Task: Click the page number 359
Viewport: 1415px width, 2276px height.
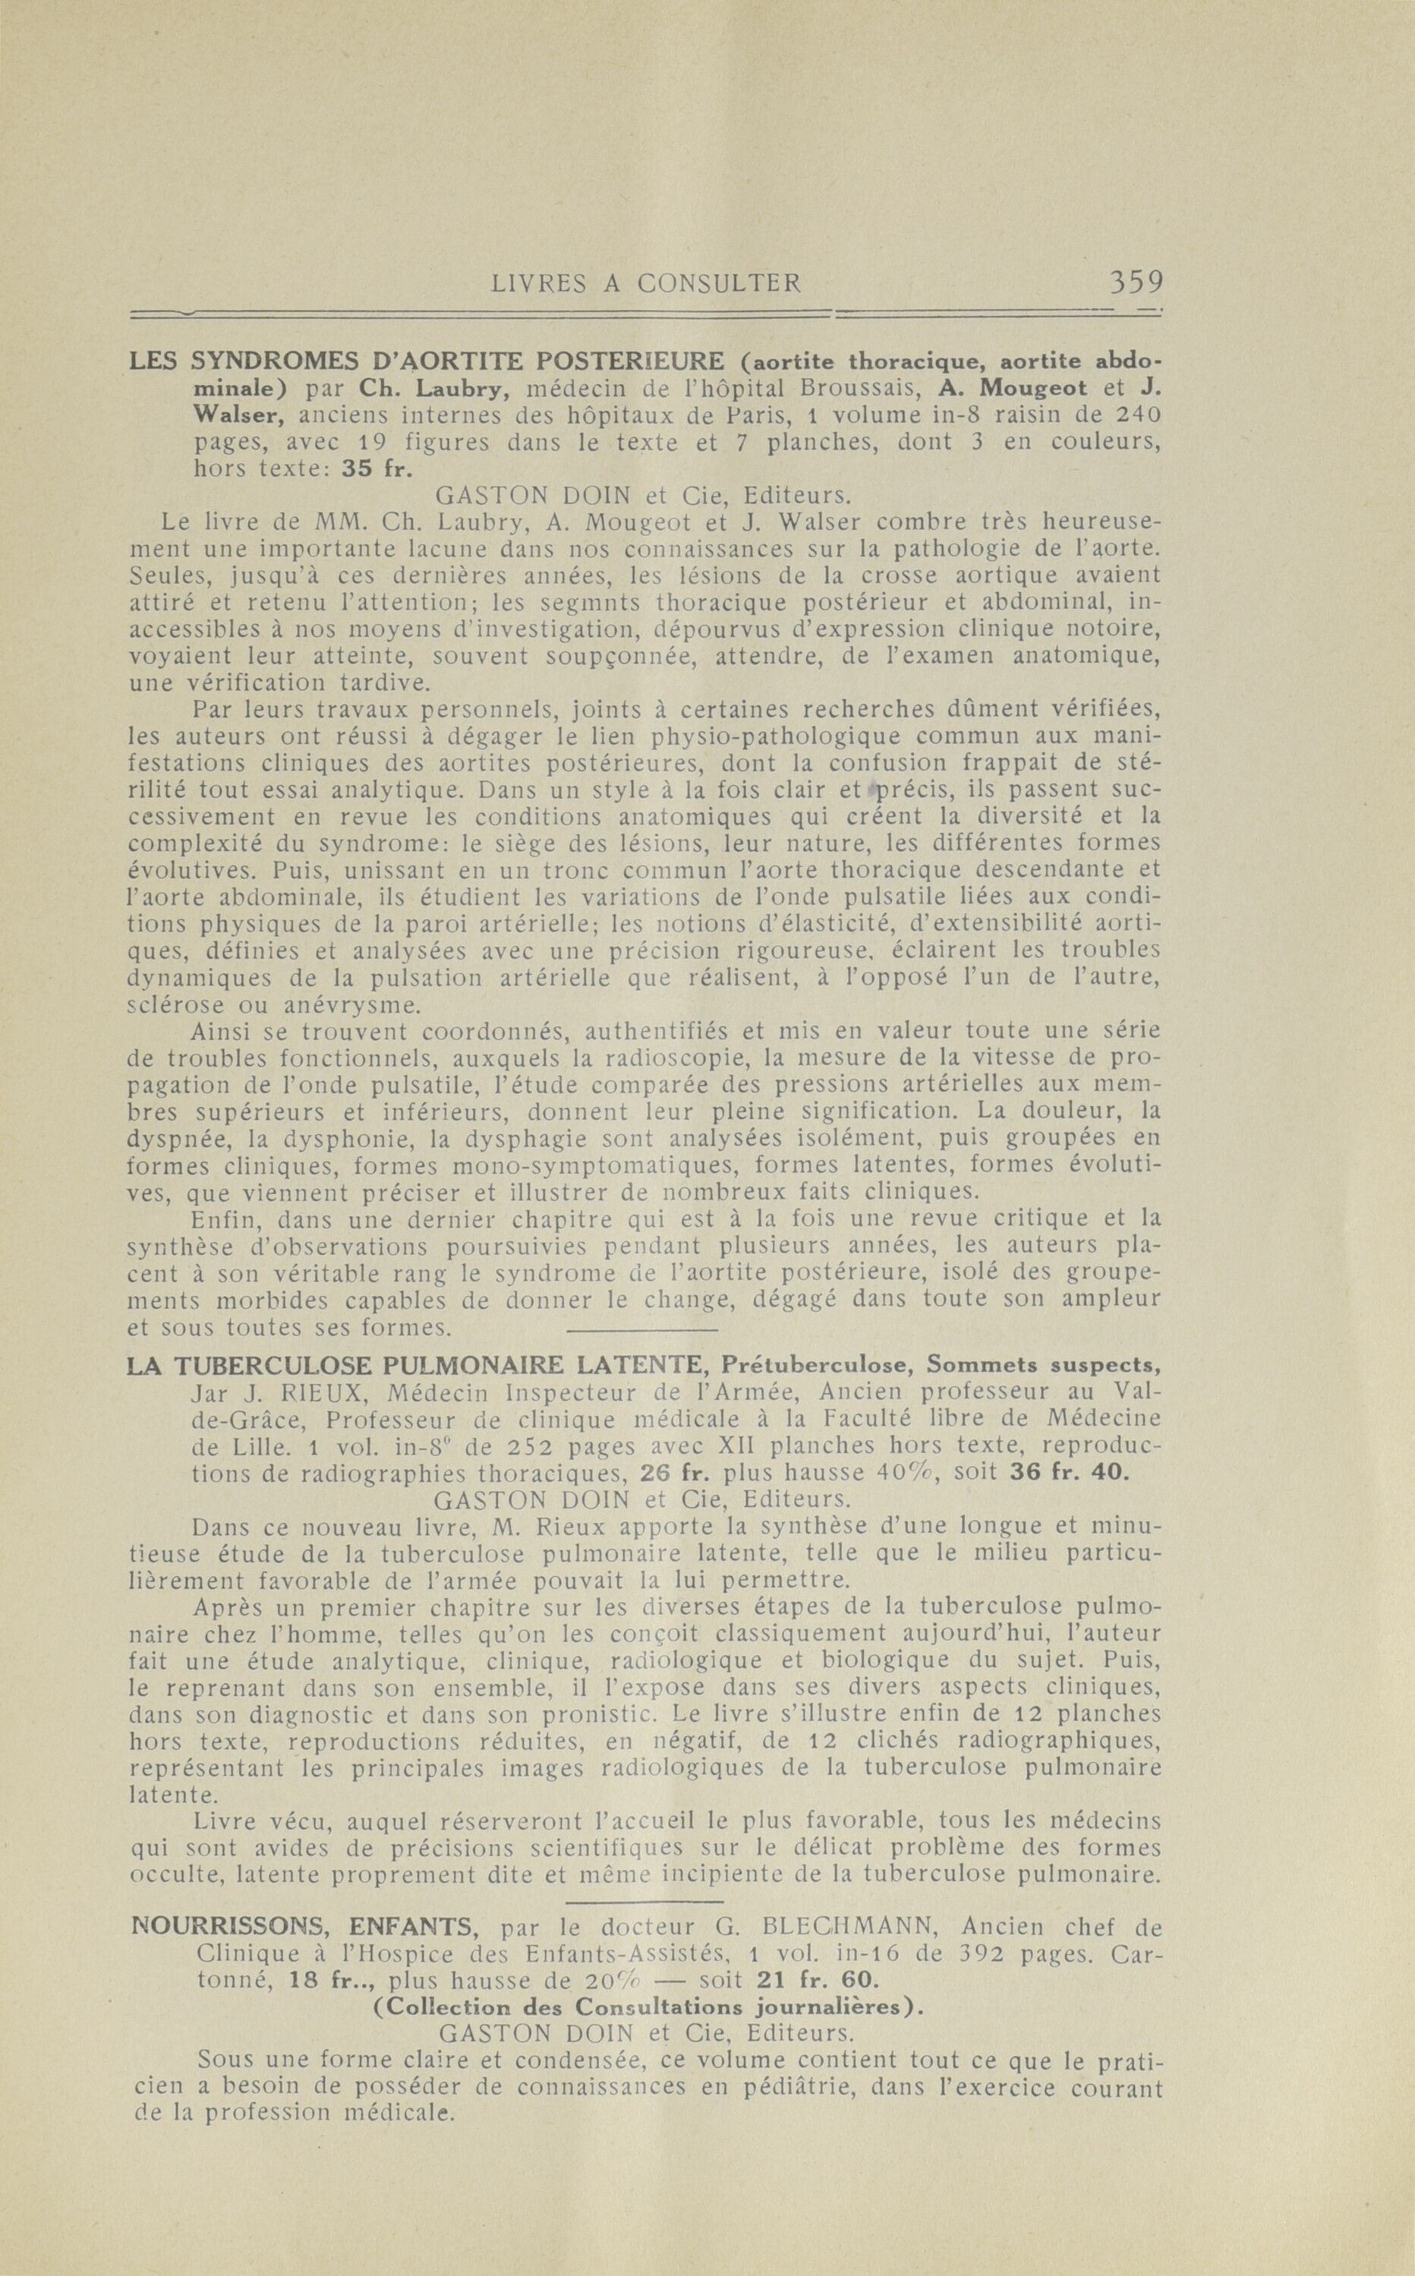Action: (x=1134, y=282)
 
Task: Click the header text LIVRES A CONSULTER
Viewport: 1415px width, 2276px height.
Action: (x=647, y=284)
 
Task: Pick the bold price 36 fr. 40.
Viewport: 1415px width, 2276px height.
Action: (x=1070, y=1473)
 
